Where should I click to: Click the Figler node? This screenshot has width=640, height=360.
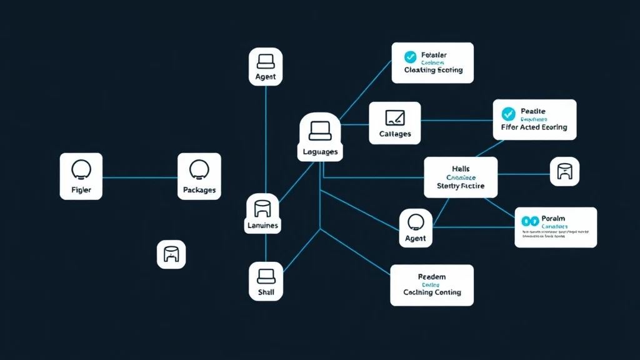tap(81, 176)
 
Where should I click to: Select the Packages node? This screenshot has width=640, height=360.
tap(199, 176)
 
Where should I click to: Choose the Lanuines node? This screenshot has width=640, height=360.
tap(262, 213)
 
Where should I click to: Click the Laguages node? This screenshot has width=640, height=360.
tap(319, 137)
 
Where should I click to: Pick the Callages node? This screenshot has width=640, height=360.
tap(394, 123)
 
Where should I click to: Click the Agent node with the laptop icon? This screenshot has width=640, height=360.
tap(266, 66)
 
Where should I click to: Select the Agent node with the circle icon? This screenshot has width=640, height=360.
tap(415, 227)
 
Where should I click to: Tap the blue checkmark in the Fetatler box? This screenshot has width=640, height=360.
tap(410, 57)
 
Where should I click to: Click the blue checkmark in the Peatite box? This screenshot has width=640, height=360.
tap(508, 114)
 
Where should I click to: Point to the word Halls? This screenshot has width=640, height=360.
tap(460, 169)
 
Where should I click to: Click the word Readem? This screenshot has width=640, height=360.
tap(432, 276)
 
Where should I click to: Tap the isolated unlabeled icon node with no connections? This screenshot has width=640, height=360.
tap(171, 254)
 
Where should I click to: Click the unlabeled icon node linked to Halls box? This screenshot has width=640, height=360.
tap(564, 171)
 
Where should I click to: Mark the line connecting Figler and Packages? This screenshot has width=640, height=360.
tap(139, 177)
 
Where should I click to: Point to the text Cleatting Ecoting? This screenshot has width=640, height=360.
tap(433, 71)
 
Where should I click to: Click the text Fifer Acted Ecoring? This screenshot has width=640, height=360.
tap(534, 127)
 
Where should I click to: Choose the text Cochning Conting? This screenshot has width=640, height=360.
tap(432, 292)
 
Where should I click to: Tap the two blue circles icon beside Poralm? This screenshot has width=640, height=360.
tap(529, 221)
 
